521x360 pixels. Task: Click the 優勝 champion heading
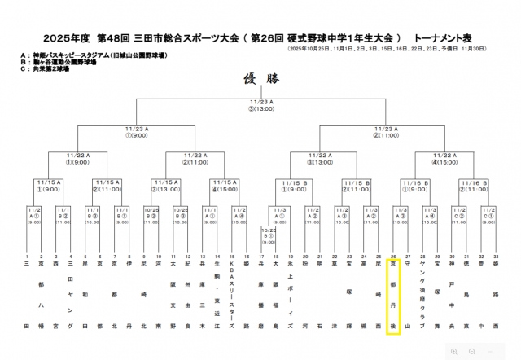[x=260, y=79]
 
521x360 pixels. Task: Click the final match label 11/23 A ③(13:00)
[x=261, y=104]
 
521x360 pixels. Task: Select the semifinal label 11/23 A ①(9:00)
[x=136, y=130]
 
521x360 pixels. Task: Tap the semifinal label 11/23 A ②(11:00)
[x=387, y=130]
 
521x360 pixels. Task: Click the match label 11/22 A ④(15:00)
[x=447, y=159]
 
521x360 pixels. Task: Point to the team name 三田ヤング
[x=70, y=297]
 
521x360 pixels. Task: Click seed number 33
[x=496, y=257]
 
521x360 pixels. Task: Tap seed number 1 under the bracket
[x=28, y=257]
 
